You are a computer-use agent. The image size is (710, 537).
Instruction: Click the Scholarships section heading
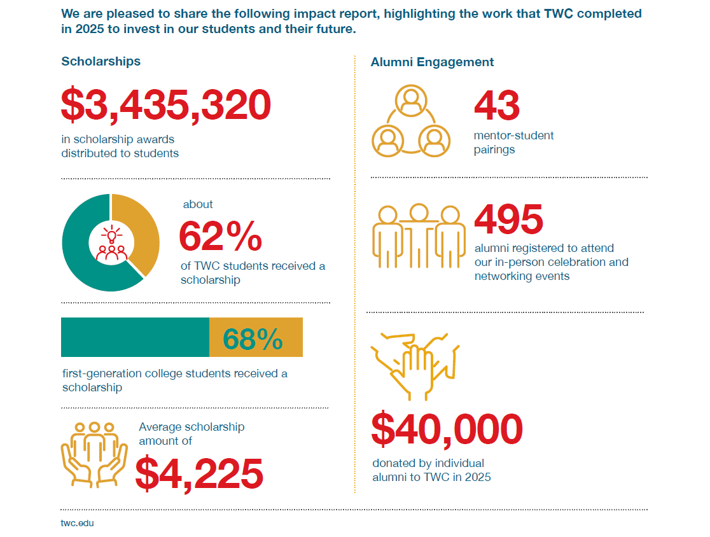click(x=101, y=62)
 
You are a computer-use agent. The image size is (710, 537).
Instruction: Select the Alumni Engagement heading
click(x=432, y=62)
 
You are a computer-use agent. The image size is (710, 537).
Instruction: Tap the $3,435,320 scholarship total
click(x=166, y=105)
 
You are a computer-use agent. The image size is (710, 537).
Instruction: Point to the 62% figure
click(x=220, y=237)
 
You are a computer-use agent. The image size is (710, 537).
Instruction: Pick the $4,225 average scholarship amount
click(x=199, y=473)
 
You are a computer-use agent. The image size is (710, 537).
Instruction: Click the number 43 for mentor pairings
click(x=497, y=105)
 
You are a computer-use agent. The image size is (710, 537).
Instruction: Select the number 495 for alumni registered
click(x=509, y=220)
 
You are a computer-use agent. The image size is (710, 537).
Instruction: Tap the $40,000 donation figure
click(x=447, y=429)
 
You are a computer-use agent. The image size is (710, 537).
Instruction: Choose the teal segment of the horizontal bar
click(x=135, y=338)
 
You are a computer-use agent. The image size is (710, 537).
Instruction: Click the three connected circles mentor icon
click(x=410, y=121)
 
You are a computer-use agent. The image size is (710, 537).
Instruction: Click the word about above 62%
click(x=198, y=204)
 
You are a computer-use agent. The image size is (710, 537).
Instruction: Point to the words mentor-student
click(x=513, y=136)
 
